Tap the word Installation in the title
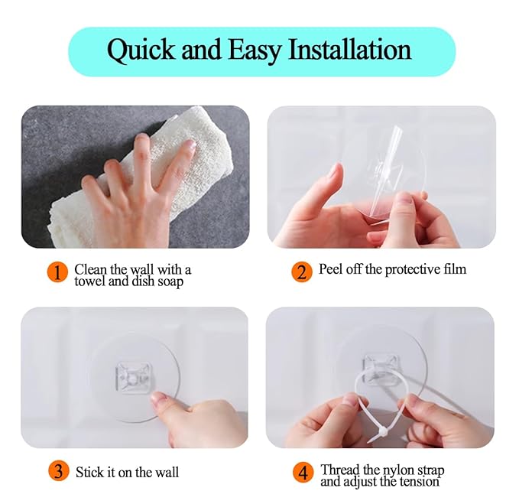coord(349,50)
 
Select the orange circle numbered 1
coord(58,272)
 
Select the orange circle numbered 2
coord(302,272)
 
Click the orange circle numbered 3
coord(58,472)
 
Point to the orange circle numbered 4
coord(302,472)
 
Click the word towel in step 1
coord(90,281)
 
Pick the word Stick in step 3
coord(89,472)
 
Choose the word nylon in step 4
coord(398,470)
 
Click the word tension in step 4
coord(420,482)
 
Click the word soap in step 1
coord(170,281)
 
